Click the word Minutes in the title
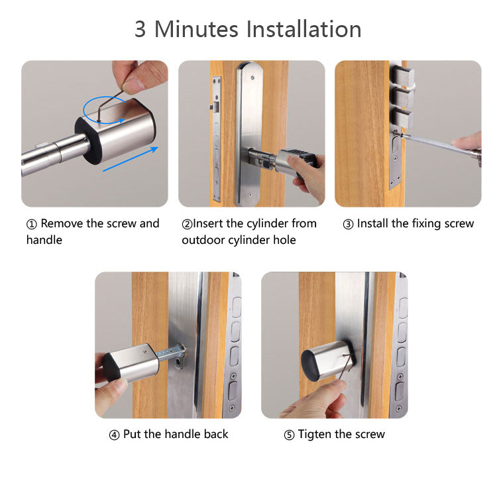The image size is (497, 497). tap(196, 29)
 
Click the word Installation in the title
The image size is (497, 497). tap(304, 29)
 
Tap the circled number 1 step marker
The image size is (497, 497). tap(31, 224)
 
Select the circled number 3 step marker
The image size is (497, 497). tap(348, 224)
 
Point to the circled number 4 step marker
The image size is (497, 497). tap(114, 435)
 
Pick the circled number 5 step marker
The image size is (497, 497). tap(289, 435)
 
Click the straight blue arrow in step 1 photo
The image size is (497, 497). tap(131, 159)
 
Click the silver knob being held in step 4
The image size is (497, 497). tap(131, 363)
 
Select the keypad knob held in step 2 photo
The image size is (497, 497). tap(296, 162)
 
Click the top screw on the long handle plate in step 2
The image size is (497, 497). tap(252, 78)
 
